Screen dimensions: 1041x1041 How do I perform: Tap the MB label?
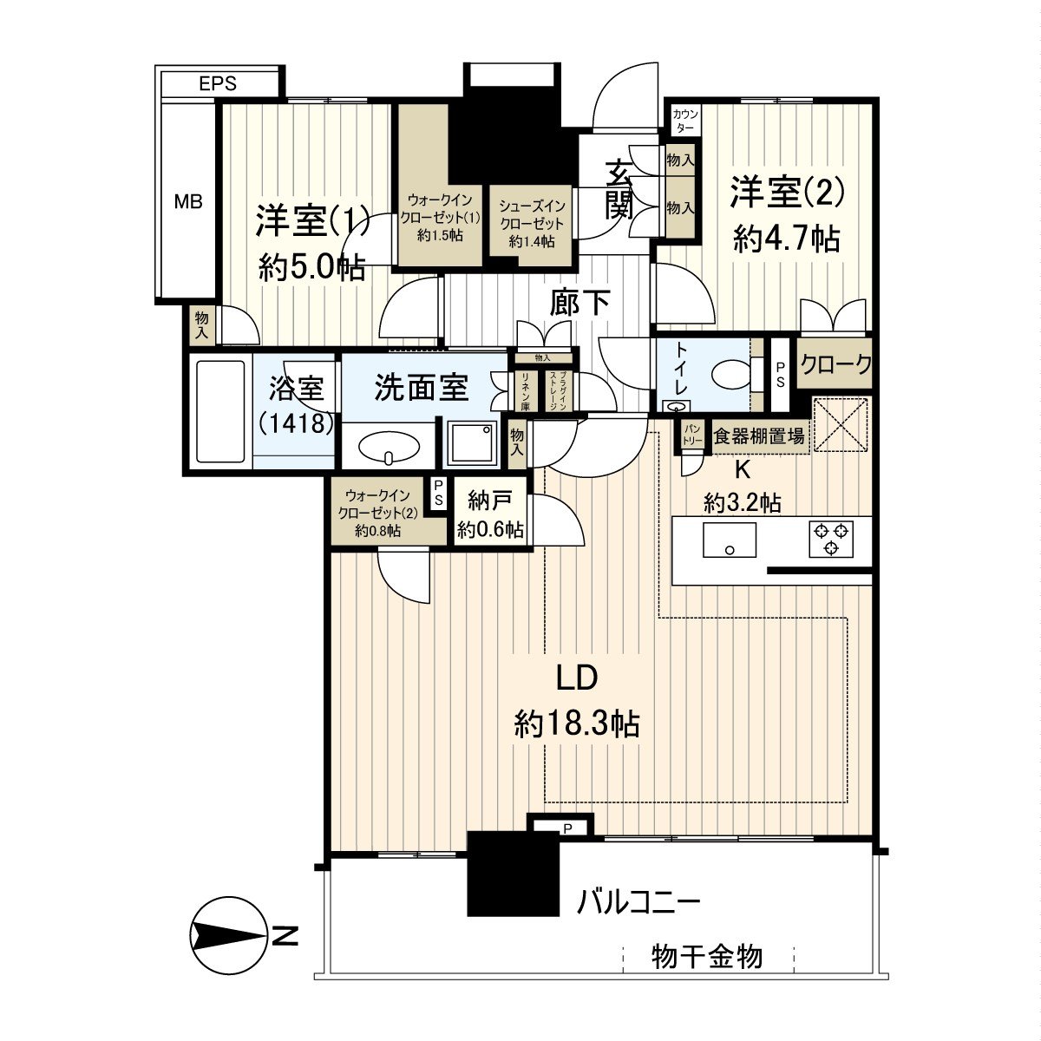tap(188, 202)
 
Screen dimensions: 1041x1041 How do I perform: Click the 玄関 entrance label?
tap(618, 193)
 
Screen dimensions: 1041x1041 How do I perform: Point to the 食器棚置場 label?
tap(758, 436)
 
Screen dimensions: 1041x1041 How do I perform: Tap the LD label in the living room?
tap(577, 678)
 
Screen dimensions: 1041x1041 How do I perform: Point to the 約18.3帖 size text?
tap(577, 722)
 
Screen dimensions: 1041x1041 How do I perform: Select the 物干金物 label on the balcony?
tap(707, 957)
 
